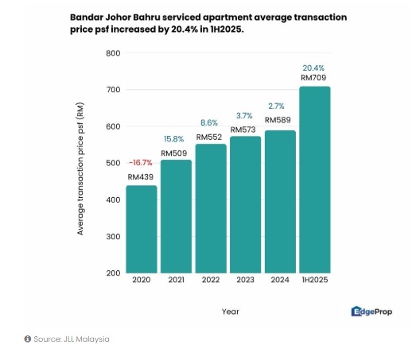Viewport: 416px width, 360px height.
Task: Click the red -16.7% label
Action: click(x=141, y=162)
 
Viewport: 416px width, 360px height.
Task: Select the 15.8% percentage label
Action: click(x=175, y=139)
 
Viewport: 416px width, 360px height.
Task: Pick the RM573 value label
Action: click(x=244, y=130)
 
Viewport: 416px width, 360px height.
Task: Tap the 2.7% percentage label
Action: click(x=278, y=106)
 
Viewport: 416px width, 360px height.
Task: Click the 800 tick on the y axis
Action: click(x=113, y=53)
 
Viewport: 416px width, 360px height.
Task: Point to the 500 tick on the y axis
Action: click(x=113, y=163)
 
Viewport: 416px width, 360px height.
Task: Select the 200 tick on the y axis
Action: click(x=113, y=273)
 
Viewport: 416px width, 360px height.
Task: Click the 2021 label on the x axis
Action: click(x=176, y=281)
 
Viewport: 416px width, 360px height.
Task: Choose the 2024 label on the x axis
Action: click(x=279, y=281)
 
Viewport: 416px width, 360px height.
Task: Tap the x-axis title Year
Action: click(x=230, y=312)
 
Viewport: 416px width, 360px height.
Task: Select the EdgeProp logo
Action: click(x=372, y=312)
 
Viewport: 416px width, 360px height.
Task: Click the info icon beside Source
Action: click(x=27, y=339)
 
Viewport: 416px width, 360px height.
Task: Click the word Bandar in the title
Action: click(x=90, y=17)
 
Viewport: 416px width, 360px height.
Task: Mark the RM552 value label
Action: click(x=210, y=137)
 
